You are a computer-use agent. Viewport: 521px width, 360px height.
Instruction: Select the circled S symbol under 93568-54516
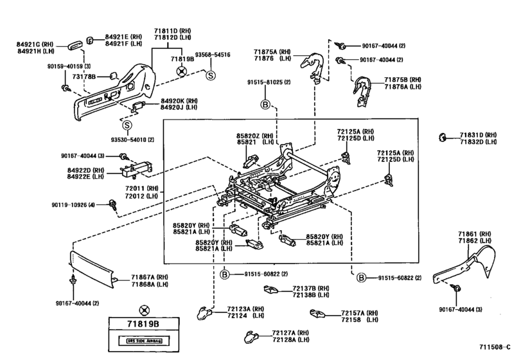[x=209, y=76]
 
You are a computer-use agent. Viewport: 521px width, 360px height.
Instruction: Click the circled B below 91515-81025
[x=264, y=104]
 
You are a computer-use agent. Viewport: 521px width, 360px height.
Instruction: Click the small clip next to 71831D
[x=443, y=136]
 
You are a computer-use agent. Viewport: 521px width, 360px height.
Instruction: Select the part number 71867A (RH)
[x=150, y=276]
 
